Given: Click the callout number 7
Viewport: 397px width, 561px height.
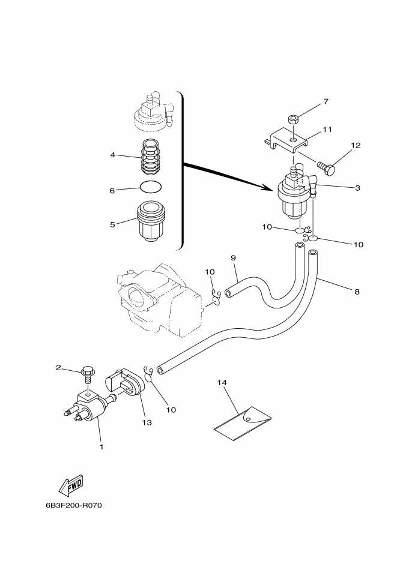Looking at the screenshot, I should pos(326,101).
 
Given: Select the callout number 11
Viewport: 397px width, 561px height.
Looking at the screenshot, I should pos(327,129).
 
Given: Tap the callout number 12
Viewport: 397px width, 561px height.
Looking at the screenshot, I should pos(356,146).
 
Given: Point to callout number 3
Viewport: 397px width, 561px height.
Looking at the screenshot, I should pos(357,188).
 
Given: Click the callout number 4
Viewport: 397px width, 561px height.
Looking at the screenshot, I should pos(112,155).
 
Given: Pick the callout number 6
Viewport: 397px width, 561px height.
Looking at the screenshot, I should pos(112,190).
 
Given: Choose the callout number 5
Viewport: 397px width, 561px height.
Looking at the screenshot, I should pos(112,225).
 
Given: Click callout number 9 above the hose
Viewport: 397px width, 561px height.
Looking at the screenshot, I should pos(234,258).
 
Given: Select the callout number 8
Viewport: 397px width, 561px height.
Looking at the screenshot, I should pos(357,292).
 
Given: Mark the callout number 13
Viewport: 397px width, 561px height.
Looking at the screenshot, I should pos(147,422).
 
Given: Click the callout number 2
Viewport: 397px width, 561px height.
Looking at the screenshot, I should pos(59,367).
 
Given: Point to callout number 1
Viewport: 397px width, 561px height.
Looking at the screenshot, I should pos(102,446).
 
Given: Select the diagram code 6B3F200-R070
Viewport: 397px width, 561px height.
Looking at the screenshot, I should pos(73,505).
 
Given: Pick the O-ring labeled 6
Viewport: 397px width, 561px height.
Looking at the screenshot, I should pos(150,187).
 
